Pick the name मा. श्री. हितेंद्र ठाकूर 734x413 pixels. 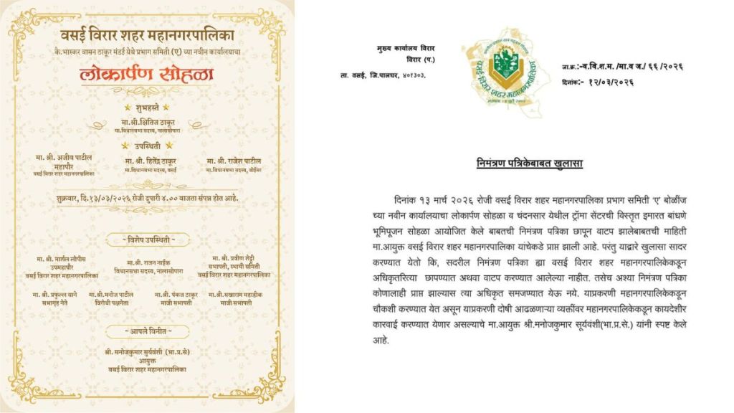(150, 161)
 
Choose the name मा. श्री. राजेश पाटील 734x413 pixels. (233, 161)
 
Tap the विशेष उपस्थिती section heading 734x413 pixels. (150, 239)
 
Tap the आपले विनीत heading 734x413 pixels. (150, 331)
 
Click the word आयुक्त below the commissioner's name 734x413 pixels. (150, 361)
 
